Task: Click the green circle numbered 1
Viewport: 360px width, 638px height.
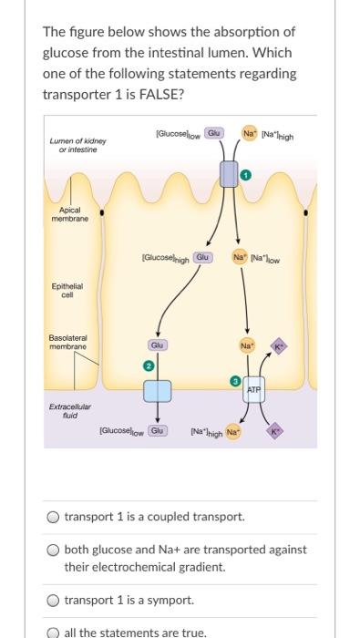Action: tap(244, 173)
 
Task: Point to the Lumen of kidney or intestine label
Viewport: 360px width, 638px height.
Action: tap(78, 146)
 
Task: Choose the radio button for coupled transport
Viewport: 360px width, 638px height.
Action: tap(55, 517)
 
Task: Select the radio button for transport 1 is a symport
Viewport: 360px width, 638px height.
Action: tap(55, 601)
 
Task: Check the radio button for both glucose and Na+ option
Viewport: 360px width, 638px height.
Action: tap(55, 551)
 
